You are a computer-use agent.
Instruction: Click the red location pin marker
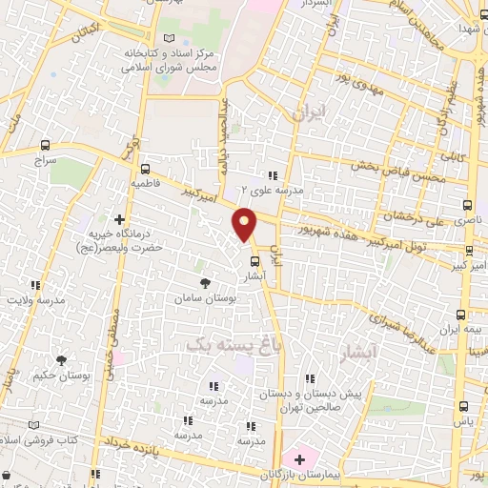[246, 224]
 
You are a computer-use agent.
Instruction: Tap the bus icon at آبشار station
[254, 260]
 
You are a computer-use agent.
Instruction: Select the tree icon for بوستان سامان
[205, 282]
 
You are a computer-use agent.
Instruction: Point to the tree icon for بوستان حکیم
[61, 360]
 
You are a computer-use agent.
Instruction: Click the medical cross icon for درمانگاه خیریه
[119, 218]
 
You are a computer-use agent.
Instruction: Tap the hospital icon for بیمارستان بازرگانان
[300, 459]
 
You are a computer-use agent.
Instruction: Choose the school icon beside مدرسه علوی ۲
[273, 175]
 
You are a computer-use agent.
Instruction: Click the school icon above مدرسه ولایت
[36, 285]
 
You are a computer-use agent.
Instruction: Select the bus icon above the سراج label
[44, 147]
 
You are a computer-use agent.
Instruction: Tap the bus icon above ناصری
[465, 204]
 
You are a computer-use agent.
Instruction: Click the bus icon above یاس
[462, 405]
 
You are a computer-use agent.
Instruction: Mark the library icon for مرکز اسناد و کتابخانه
[170, 37]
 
